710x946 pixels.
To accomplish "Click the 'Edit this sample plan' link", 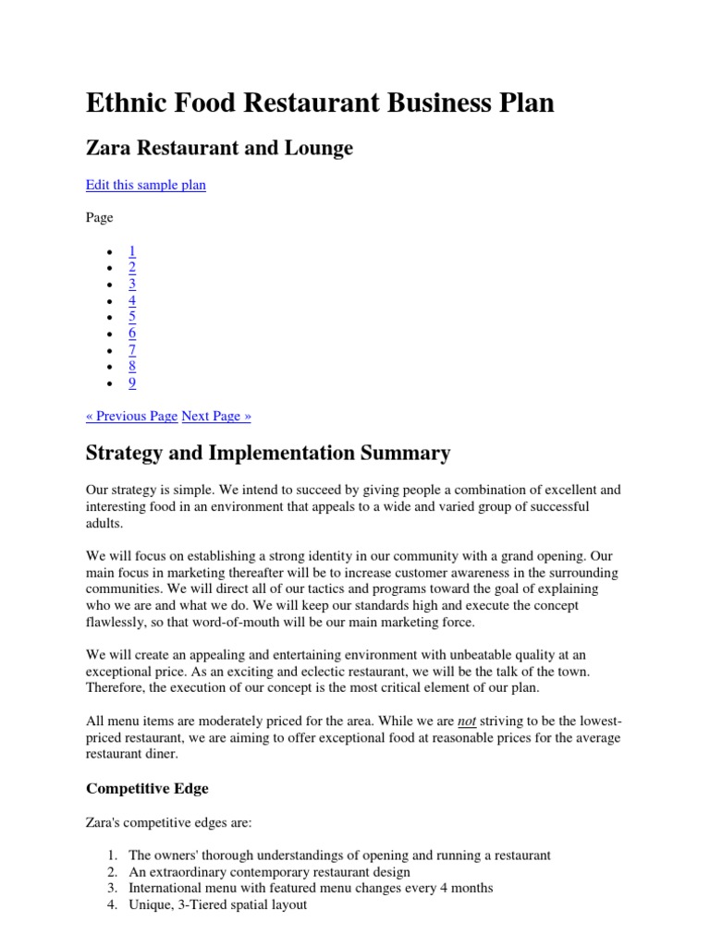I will pos(145,185).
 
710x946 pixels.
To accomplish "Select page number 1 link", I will pos(132,251).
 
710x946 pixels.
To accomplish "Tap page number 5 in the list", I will pos(132,317).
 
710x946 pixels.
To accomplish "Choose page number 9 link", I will pos(132,382).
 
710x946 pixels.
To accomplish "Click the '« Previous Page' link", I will pos(131,416).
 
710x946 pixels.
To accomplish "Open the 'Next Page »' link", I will pos(216,416).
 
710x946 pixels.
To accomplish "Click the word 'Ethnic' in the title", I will pos(129,103).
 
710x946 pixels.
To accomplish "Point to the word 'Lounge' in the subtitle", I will pos(319,148).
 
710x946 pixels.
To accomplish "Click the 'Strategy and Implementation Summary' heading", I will pos(268,453).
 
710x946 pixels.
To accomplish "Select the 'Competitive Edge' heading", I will pos(147,788).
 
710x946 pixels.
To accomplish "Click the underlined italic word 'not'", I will pos(467,721).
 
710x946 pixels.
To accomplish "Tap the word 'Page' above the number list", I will pos(100,218).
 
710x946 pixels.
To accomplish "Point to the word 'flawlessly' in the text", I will pos(116,623).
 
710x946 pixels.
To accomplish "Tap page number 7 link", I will pos(132,350).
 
